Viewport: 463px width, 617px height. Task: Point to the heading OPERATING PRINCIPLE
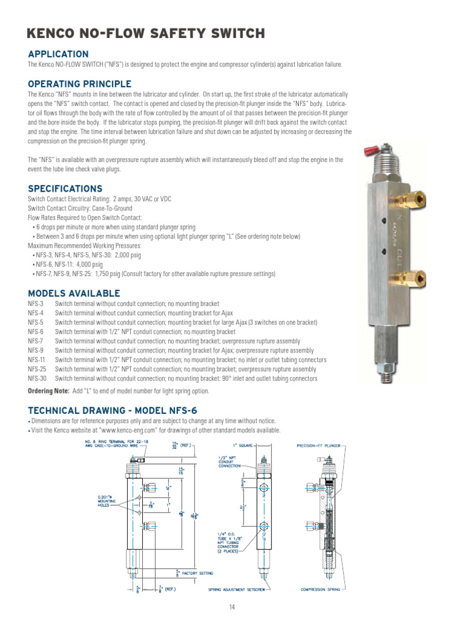tap(80, 84)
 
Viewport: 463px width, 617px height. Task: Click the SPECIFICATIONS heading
tap(65, 189)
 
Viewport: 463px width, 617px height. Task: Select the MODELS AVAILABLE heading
tap(74, 293)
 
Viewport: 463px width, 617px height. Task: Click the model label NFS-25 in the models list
tap(37, 369)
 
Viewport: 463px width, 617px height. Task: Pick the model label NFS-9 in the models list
tap(35, 351)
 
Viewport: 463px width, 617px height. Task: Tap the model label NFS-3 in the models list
tap(35, 304)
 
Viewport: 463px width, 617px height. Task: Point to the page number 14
tap(231, 607)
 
